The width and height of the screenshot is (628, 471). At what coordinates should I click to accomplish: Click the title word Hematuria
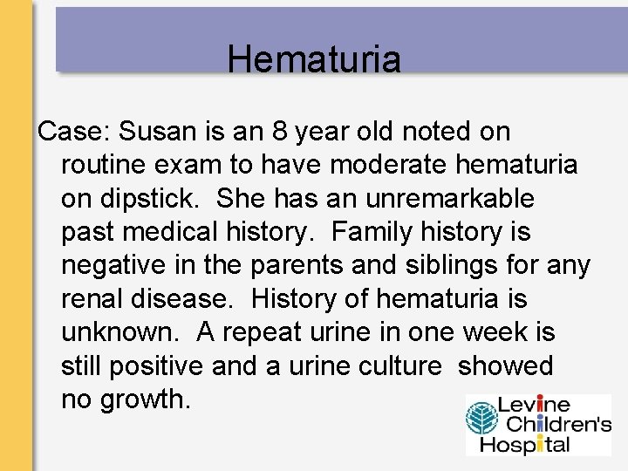coord(314,59)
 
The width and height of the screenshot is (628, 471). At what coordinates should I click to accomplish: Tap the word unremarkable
coord(450,199)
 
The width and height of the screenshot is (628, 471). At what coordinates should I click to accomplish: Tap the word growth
coord(147,399)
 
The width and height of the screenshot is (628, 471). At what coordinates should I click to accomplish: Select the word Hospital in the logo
coord(533,444)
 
